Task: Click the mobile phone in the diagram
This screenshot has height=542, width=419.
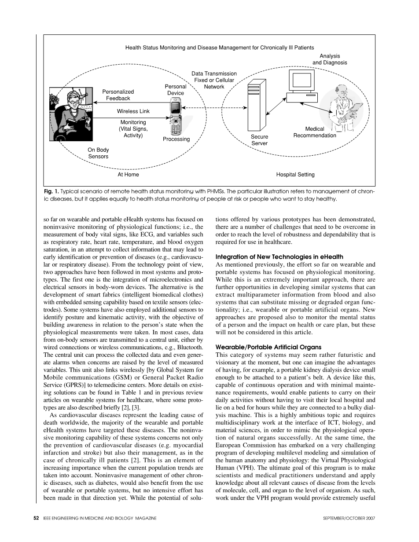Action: point(176,117)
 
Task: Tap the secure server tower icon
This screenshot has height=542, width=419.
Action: point(257,104)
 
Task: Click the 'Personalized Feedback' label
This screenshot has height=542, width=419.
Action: point(118,95)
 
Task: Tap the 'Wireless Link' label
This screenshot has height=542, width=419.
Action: point(133,111)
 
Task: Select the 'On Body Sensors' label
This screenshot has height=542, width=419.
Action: point(98,153)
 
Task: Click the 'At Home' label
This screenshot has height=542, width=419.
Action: point(128,175)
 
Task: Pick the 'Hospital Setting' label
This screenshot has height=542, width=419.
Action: point(295,175)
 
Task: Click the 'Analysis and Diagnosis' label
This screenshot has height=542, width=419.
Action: point(330,59)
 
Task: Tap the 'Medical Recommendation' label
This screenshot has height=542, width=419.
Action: point(314,132)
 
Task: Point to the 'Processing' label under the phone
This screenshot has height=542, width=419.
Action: point(176,139)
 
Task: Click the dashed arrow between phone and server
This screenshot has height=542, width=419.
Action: point(215,107)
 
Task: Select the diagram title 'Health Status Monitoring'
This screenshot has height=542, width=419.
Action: point(220,47)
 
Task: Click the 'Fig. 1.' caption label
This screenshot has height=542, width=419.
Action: point(51,192)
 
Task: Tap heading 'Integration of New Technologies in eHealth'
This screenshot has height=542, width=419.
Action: point(279,256)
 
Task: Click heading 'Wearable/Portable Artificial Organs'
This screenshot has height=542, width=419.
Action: point(268,347)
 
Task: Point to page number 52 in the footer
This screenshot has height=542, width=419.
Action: point(37,519)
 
